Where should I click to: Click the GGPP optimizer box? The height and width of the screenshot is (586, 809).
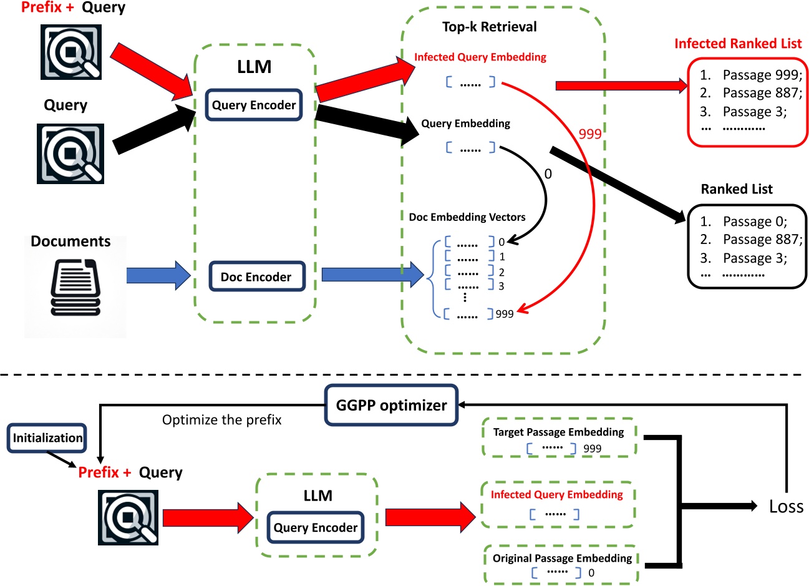pyautogui.click(x=391, y=406)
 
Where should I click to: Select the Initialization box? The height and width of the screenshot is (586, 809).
pyautogui.click(x=47, y=438)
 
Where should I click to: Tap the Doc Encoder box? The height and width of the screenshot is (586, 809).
pyautogui.click(x=256, y=276)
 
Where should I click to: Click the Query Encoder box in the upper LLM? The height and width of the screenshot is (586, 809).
pyautogui.click(x=253, y=105)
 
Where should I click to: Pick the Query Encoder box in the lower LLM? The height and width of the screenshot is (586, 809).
pyautogui.click(x=315, y=527)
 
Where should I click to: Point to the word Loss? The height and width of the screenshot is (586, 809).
pyautogui.click(x=786, y=506)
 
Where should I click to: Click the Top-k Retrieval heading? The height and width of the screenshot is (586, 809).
pyautogui.click(x=489, y=27)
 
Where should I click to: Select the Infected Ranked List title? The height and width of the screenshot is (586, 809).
pyautogui.click(x=737, y=44)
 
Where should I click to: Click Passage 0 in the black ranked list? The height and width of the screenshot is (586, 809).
pyautogui.click(x=755, y=222)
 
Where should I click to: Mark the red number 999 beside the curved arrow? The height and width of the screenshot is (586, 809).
pyautogui.click(x=589, y=134)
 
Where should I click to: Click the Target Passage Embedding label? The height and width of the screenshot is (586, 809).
pyautogui.click(x=558, y=432)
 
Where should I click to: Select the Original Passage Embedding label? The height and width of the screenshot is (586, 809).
pyautogui.click(x=562, y=558)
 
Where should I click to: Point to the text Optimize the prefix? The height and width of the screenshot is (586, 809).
pyautogui.click(x=221, y=420)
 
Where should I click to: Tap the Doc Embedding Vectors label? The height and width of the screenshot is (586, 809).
pyautogui.click(x=467, y=217)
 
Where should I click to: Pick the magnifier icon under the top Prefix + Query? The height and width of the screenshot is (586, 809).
pyautogui.click(x=71, y=52)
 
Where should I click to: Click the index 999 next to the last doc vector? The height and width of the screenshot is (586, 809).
pyautogui.click(x=505, y=314)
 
